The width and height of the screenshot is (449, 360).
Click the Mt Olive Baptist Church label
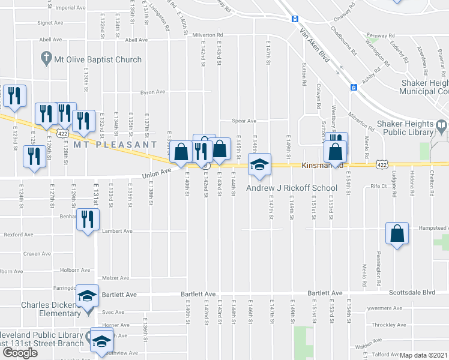click(x=98, y=59)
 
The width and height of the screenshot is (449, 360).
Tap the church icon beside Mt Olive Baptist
click(x=46, y=59)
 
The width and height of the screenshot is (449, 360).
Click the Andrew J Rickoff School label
click(x=292, y=188)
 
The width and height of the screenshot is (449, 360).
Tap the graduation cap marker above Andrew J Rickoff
click(x=259, y=165)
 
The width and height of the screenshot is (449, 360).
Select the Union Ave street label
click(x=153, y=175)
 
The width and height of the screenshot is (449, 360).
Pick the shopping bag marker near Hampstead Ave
click(x=397, y=234)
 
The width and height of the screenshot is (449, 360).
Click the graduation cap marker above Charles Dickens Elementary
click(x=86, y=296)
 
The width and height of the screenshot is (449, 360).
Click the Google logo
click(x=19, y=353)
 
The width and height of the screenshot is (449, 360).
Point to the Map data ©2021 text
click(x=423, y=355)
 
